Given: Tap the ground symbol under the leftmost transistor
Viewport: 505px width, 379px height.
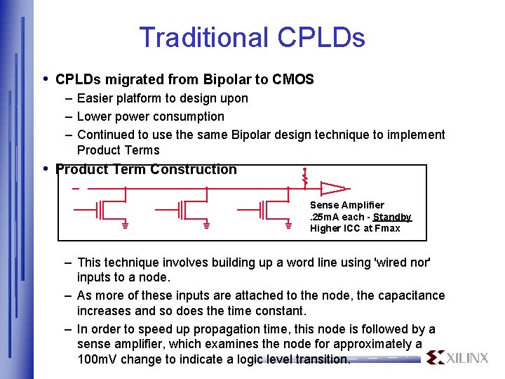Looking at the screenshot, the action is coord(125,226).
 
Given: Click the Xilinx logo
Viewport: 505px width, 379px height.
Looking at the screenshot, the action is coord(457,357).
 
